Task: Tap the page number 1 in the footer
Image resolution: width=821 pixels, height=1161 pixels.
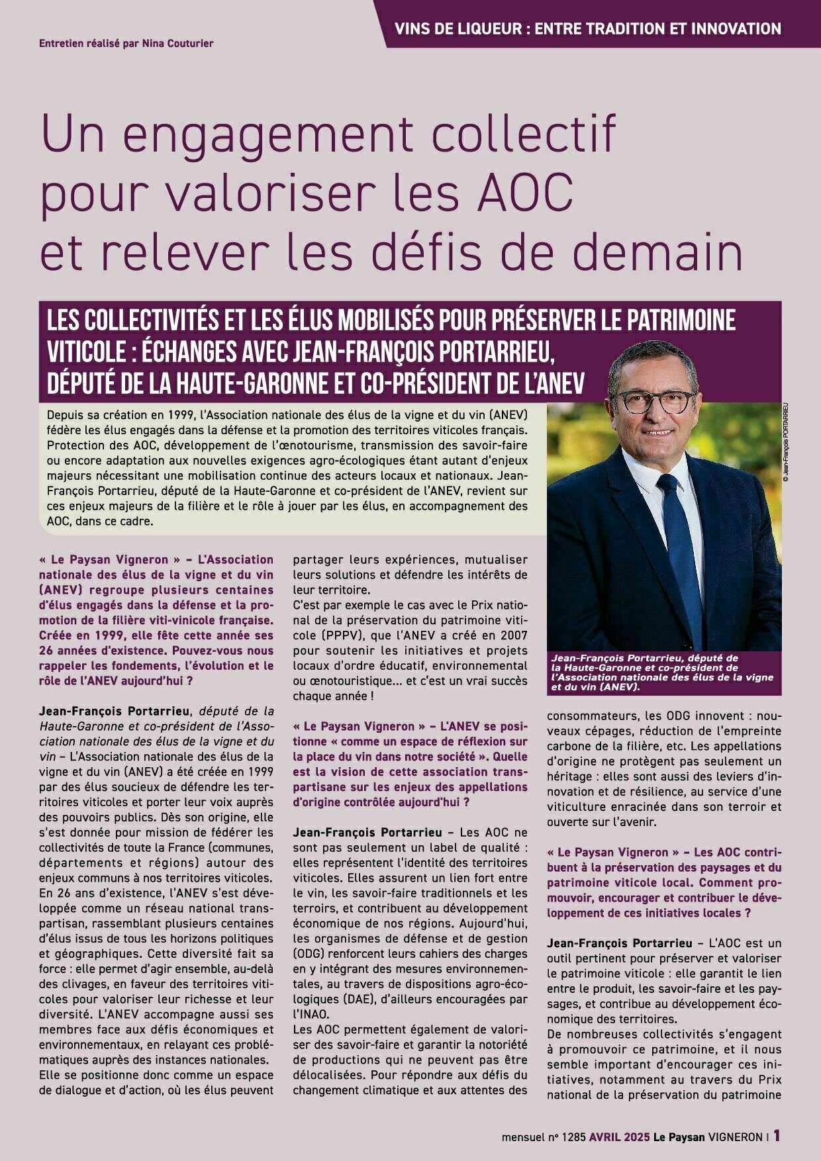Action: click(777, 1136)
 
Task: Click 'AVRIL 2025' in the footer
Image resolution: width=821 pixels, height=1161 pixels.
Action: click(619, 1137)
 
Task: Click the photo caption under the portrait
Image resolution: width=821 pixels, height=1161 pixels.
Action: click(662, 673)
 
